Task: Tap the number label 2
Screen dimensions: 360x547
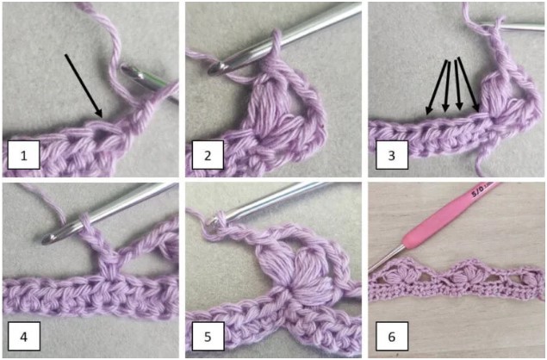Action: pos(207,156)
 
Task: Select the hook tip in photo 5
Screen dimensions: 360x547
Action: pos(211,227)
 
